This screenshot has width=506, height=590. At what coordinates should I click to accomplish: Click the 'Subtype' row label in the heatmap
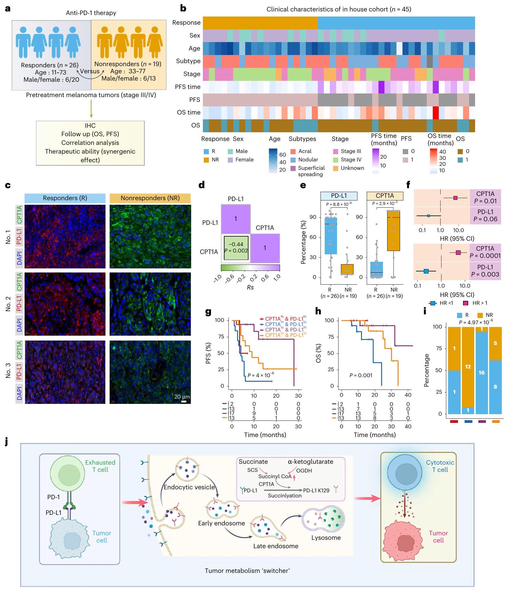pos(188,61)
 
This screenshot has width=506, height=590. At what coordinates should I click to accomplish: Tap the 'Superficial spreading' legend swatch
pos(293,168)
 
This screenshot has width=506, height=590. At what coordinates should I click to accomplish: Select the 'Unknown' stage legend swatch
pos(336,168)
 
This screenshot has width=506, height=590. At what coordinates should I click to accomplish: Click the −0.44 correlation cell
pos(236,248)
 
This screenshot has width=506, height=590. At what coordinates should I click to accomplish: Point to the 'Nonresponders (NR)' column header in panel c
pos(150,198)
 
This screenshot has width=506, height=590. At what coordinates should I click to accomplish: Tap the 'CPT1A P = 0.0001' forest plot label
pos(485,252)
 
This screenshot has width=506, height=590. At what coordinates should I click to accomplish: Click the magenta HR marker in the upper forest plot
pos(455,198)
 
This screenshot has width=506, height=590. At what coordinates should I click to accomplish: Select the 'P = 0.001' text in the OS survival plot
pos(361,375)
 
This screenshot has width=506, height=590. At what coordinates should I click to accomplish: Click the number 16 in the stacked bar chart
pos(481,373)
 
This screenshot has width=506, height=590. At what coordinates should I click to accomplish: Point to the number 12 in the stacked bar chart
pos(468,367)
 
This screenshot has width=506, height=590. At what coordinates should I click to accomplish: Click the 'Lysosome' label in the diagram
pos(326,538)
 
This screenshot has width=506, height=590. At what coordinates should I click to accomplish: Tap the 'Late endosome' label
pos(276,546)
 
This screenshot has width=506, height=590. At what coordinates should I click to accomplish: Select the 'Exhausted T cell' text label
pos(100,466)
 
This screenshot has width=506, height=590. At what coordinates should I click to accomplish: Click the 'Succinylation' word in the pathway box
pos(285,496)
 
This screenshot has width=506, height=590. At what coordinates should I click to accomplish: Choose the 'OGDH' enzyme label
pos(304,471)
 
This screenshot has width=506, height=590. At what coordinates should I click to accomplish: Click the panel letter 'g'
pos(208,312)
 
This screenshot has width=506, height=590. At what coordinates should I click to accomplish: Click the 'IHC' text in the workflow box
pos(90,126)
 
